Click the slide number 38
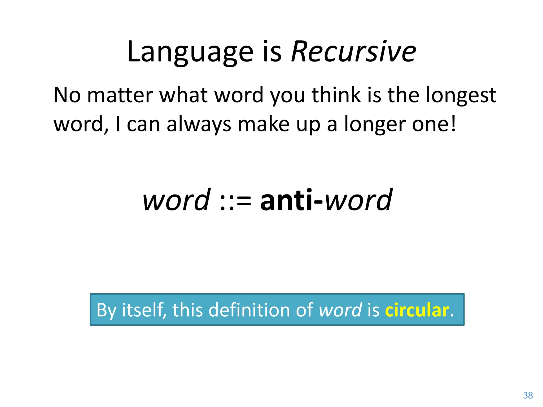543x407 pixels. pyautogui.click(x=528, y=395)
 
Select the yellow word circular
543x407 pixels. pyautogui.click(x=417, y=310)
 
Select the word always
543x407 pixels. pyautogui.click(x=199, y=125)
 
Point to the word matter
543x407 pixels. pyautogui.click(x=120, y=95)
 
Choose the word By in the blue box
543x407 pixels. pyautogui.click(x=106, y=310)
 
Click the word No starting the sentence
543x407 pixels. pyautogui.click(x=67, y=95)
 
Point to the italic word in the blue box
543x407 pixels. pyautogui.click(x=340, y=310)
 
